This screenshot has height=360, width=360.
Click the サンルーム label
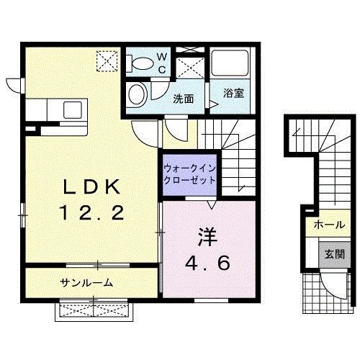pos(87,282)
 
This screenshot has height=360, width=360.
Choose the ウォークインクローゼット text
pos(189,174)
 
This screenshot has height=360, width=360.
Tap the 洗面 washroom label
pos(183,99)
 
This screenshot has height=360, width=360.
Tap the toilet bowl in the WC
pos(141,63)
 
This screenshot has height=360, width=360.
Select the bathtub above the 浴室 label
pos(230,63)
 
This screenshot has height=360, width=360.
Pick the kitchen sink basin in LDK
pos(73,110)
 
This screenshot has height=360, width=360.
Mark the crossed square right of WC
pos(190,66)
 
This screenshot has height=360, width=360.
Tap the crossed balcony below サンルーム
pos(94,310)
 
